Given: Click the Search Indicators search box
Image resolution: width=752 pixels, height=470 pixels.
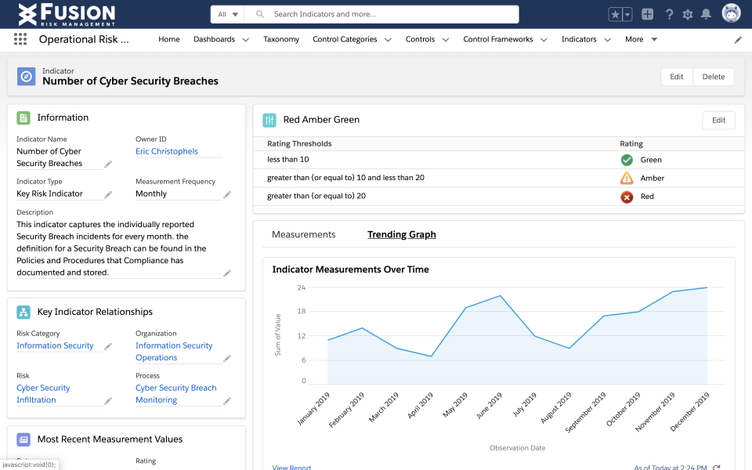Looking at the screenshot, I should [384, 14].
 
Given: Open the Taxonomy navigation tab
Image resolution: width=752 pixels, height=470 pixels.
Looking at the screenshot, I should [281, 39].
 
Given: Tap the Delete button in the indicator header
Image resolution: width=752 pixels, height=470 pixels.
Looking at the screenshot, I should [713, 77].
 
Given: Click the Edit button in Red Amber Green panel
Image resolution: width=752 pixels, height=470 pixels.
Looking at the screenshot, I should [718, 121].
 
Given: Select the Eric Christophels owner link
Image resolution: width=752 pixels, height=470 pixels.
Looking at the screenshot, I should [167, 151].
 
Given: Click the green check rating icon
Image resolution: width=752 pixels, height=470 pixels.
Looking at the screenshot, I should [627, 160].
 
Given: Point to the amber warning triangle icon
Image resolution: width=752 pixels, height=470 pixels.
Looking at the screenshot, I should [627, 178].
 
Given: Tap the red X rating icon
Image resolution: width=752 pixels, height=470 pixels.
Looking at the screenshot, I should [627, 197].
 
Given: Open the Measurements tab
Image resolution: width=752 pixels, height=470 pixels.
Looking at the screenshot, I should [303, 234].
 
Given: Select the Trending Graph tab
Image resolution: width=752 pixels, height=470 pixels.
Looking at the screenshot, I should [402, 234].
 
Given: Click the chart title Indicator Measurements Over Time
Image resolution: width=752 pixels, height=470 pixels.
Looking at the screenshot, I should [350, 269].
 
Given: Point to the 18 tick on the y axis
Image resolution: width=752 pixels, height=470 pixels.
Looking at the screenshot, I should [302, 312].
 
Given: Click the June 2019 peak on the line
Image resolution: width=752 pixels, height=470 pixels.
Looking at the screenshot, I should [500, 296].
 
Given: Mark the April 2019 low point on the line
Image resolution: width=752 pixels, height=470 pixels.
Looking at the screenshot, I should [431, 356].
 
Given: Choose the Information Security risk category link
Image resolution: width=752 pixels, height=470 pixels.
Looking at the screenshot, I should [55, 345].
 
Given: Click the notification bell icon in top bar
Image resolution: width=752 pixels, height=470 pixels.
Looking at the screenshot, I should [706, 14].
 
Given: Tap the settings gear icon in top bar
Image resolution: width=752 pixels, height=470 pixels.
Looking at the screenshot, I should [688, 14].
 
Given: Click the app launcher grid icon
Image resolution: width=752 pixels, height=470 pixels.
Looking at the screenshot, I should [20, 39].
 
